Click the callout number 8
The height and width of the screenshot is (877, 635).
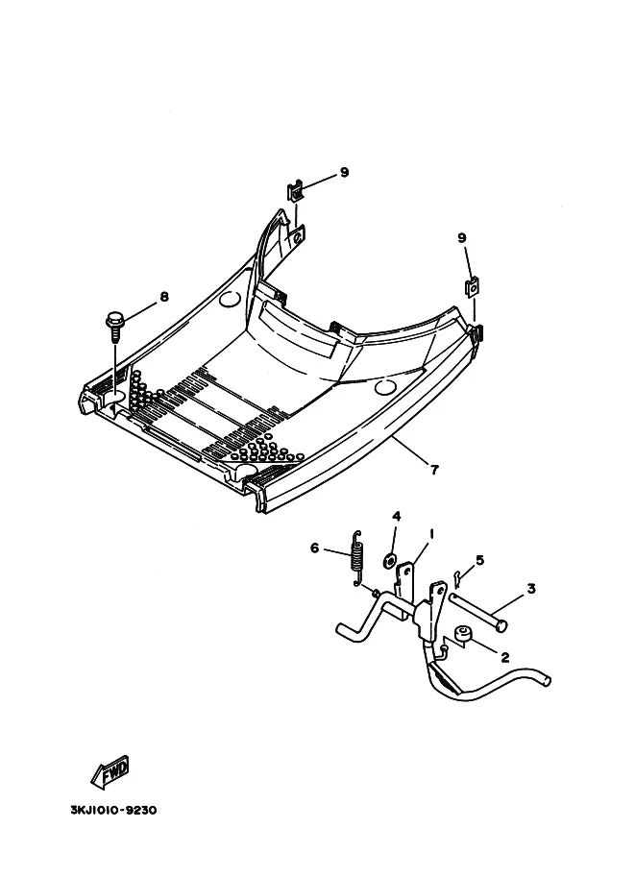(x=164, y=297)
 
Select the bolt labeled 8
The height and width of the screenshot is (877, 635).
(x=114, y=322)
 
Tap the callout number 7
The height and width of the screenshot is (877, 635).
(x=434, y=470)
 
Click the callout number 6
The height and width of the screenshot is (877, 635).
(x=314, y=548)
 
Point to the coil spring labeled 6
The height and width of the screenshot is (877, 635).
(x=357, y=557)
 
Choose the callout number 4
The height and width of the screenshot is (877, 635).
(x=396, y=517)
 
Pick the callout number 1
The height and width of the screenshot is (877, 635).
(x=432, y=533)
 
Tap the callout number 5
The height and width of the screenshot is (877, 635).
(x=479, y=560)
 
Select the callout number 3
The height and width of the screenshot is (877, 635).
(x=530, y=589)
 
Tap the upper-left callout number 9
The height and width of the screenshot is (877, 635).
(x=343, y=172)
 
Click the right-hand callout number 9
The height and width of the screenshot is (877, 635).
(x=462, y=237)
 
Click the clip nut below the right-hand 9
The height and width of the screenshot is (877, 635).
(x=474, y=287)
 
